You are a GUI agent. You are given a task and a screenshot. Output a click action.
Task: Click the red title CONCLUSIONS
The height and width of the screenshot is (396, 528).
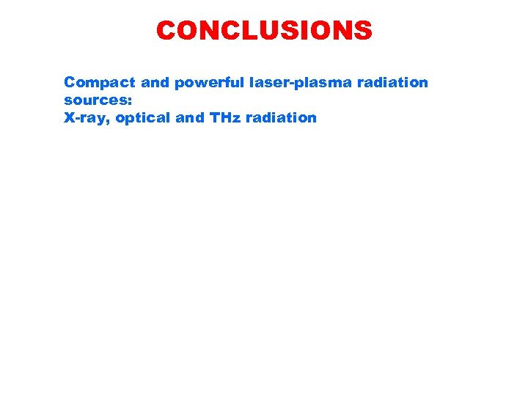point(264,31)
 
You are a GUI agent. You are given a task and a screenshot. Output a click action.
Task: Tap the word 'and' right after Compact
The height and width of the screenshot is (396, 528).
point(137,82)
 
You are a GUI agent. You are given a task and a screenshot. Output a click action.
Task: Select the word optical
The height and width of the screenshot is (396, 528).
point(142,117)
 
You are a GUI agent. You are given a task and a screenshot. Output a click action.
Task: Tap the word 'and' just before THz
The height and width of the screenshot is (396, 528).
point(189,117)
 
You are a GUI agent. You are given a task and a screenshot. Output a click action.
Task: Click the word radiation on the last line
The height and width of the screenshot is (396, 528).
point(281,117)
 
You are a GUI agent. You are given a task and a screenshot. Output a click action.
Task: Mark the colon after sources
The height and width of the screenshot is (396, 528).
point(130,101)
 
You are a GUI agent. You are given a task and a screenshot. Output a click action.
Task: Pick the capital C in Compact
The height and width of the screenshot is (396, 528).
point(70,82)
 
